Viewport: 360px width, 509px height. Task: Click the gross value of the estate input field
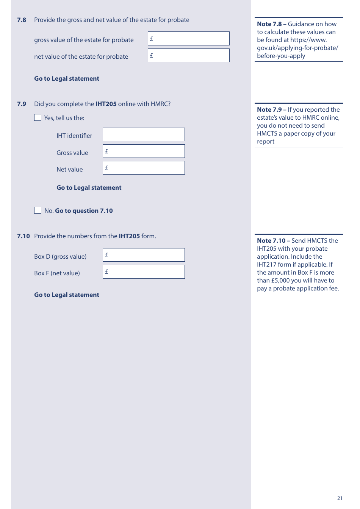[189, 39]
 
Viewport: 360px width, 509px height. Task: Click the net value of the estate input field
[189, 55]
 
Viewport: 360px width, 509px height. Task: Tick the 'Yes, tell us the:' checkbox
[38, 117]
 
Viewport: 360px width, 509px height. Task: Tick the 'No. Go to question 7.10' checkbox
[38, 210]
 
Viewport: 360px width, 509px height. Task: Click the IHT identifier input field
[144, 134]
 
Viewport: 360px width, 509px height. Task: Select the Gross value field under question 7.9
[144, 151]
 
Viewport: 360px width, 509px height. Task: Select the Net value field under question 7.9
[144, 168]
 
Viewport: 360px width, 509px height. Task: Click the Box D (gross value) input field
[144, 255]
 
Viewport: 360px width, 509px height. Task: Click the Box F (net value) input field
[144, 272]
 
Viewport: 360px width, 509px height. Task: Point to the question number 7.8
[22, 20]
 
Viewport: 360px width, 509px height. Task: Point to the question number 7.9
[22, 104]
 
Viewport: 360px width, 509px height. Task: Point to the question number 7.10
[23, 236]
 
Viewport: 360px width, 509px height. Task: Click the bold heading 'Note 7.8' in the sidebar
[269, 24]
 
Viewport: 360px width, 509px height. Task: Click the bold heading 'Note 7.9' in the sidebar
[269, 109]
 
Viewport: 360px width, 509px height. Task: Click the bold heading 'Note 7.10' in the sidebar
[271, 240]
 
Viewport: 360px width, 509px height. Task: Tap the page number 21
[340, 498]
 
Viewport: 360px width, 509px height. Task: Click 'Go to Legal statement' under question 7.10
[67, 295]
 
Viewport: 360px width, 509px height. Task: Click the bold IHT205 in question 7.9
[106, 104]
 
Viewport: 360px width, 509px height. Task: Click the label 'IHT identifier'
[74, 136]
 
